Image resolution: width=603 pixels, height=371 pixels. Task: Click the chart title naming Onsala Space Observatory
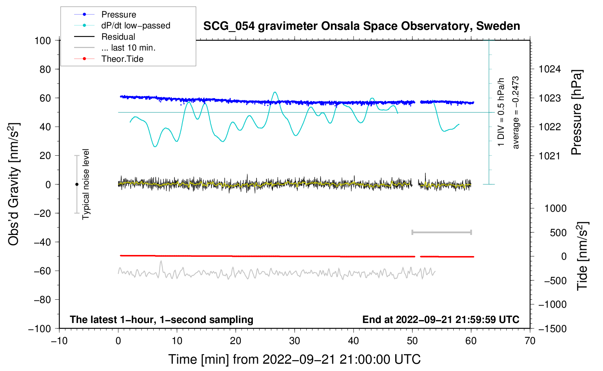(361, 26)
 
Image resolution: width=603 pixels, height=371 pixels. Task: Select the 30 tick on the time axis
(295, 341)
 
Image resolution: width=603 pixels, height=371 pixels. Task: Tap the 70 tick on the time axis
(530, 341)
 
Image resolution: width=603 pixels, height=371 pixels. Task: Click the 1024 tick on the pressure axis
(550, 69)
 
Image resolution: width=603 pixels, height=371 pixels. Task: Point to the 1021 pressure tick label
(550, 156)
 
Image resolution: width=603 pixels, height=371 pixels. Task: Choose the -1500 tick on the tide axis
(553, 329)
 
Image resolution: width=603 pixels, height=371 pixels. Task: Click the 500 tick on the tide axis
(558, 233)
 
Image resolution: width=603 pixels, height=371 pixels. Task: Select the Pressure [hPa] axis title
(576, 112)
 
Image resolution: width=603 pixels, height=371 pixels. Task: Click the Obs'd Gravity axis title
(13, 184)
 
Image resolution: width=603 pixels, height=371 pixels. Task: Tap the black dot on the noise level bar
(77, 184)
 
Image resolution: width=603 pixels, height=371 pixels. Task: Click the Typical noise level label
(86, 184)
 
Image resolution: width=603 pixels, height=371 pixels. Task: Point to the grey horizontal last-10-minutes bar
(441, 232)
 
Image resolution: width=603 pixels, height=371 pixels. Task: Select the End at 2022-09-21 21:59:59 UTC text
(441, 320)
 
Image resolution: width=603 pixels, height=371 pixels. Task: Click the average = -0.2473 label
(516, 112)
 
